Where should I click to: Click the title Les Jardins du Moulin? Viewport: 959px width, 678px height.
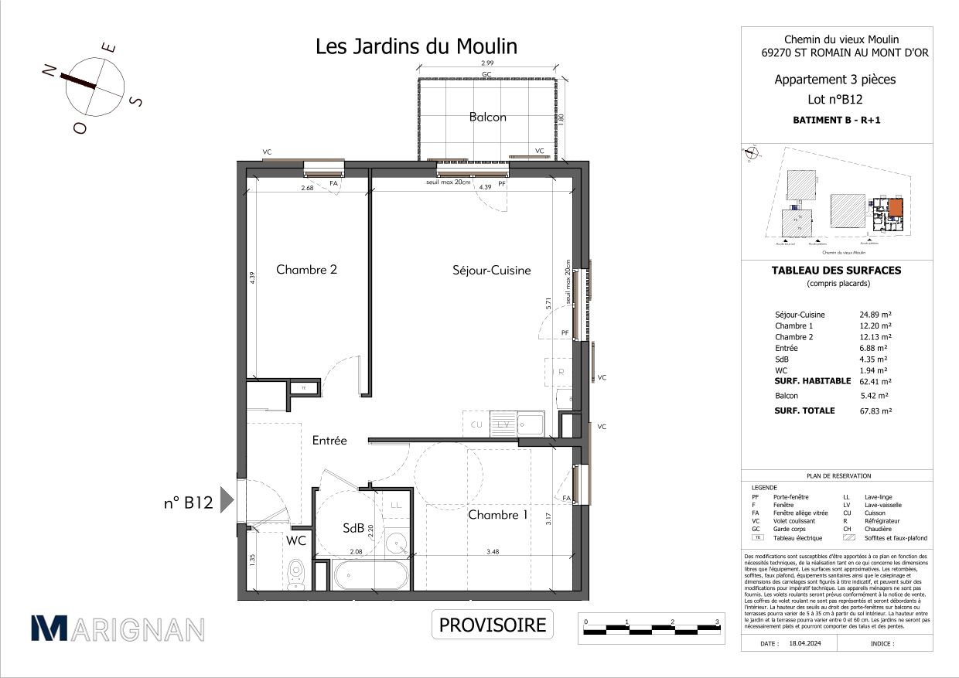pyautogui.click(x=416, y=46)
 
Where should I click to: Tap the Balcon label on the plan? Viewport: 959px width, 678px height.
pyautogui.click(x=487, y=117)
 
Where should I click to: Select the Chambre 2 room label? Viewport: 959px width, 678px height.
pyautogui.click(x=306, y=270)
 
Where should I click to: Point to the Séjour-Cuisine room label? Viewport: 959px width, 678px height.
pyautogui.click(x=491, y=270)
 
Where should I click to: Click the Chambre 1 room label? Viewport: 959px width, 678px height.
pyautogui.click(x=497, y=515)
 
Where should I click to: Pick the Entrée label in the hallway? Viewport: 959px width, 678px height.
pyautogui.click(x=329, y=441)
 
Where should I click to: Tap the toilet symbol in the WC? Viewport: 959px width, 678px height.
pyautogui.click(x=295, y=573)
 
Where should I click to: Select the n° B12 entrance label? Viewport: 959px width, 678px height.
pyautogui.click(x=187, y=502)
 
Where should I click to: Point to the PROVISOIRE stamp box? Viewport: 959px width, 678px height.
pyautogui.click(x=493, y=625)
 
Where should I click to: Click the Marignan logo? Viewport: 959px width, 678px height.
pyautogui.click(x=118, y=629)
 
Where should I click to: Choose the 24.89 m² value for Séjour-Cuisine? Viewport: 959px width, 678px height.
pyautogui.click(x=876, y=315)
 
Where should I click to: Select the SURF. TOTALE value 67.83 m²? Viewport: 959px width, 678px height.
pyautogui.click(x=876, y=411)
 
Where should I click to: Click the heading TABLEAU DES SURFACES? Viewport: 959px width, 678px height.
pyautogui.click(x=836, y=271)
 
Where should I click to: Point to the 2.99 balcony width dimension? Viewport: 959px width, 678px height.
pyautogui.click(x=487, y=63)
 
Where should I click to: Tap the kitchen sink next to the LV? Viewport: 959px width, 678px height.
pyautogui.click(x=530, y=424)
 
